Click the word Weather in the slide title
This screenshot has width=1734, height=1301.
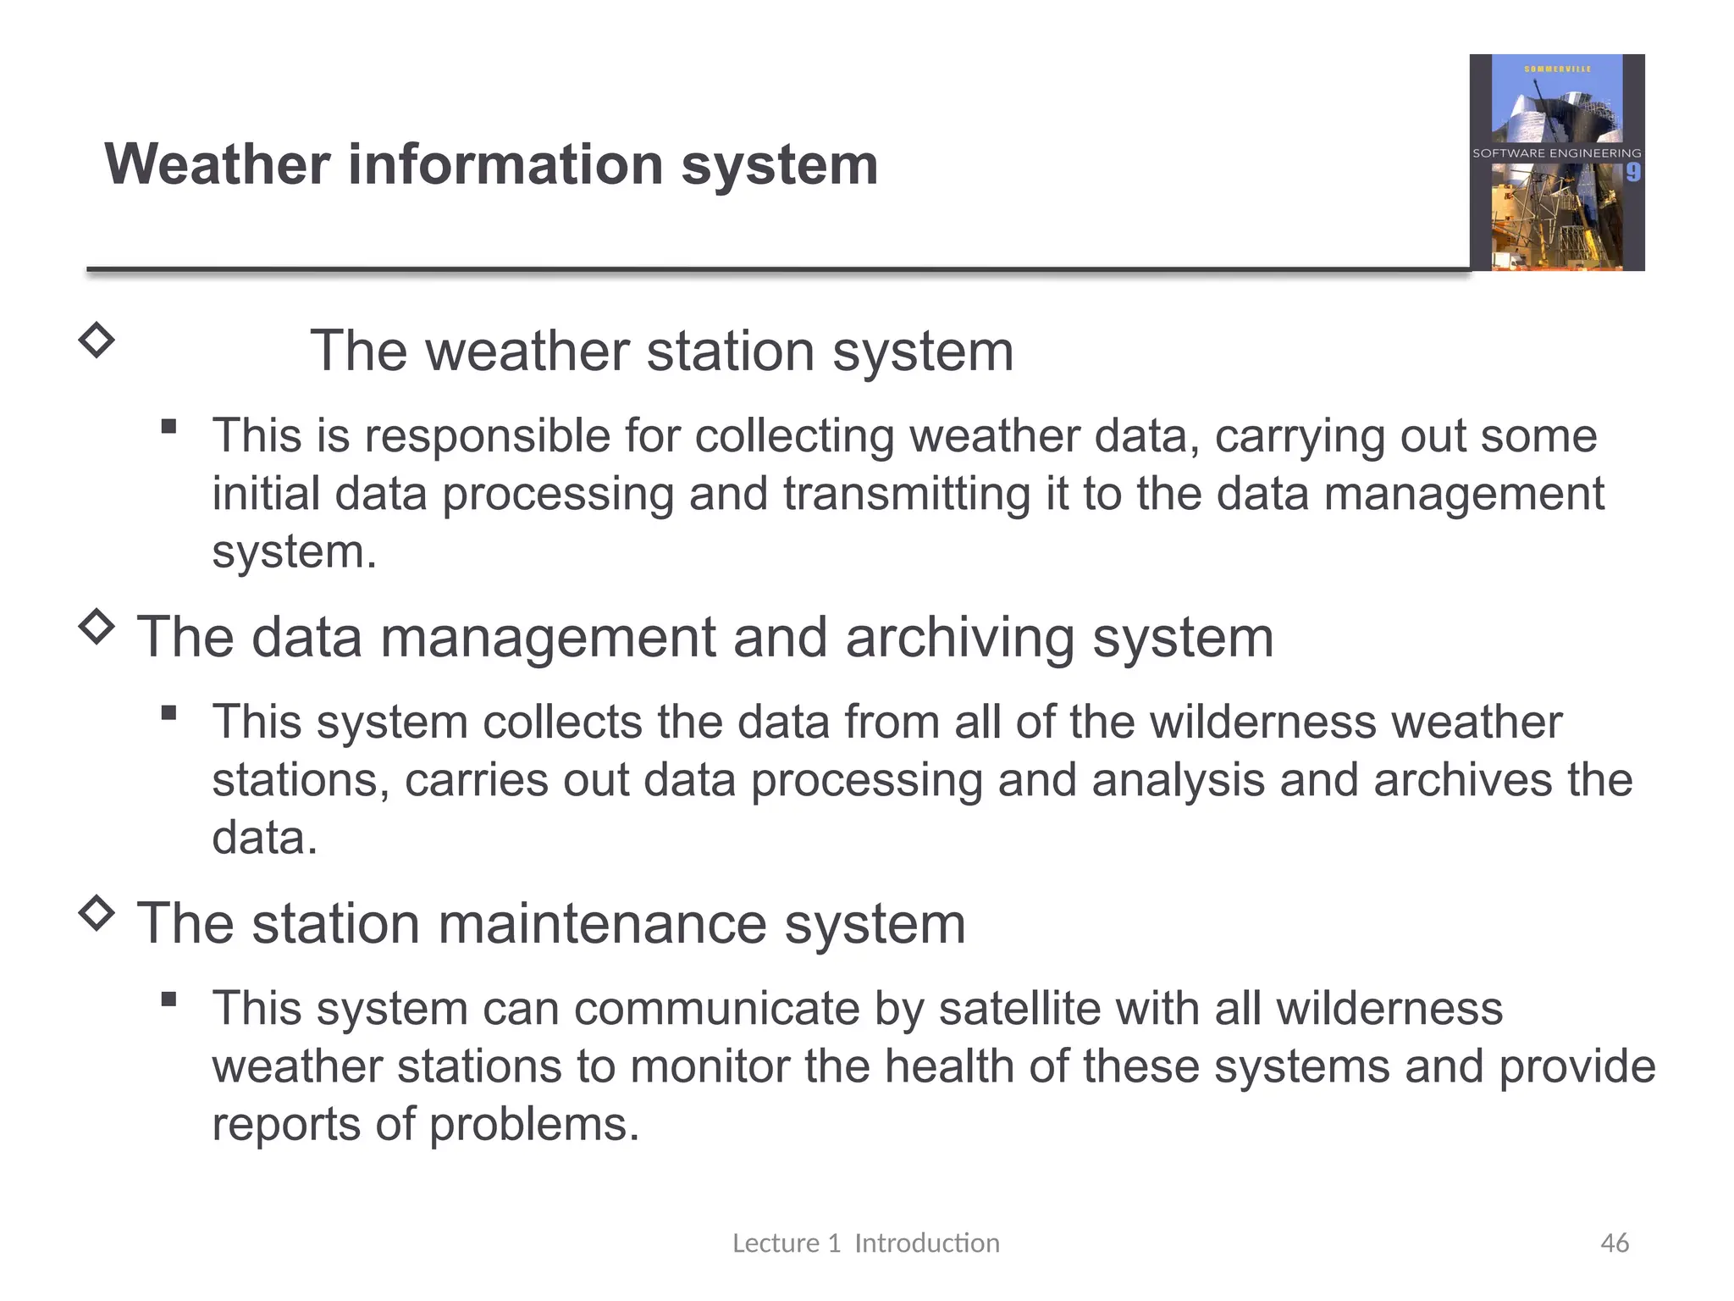coord(217,164)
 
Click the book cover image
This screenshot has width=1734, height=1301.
coord(1556,163)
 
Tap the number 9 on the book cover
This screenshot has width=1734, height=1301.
coord(1633,173)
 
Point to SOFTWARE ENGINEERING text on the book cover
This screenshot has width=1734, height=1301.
coord(1556,153)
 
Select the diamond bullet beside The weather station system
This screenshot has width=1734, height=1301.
coord(97,340)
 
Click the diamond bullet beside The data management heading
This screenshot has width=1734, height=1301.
coord(97,628)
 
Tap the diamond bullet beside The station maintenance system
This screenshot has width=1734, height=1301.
coord(97,914)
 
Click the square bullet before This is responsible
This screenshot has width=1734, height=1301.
coord(169,427)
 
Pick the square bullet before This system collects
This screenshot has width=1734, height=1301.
coord(169,713)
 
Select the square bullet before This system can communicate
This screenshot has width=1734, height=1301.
coord(169,999)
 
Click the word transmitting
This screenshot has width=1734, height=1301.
coord(906,494)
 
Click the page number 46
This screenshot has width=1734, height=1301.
coord(1614,1243)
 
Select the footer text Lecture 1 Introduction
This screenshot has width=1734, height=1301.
coord(865,1243)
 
